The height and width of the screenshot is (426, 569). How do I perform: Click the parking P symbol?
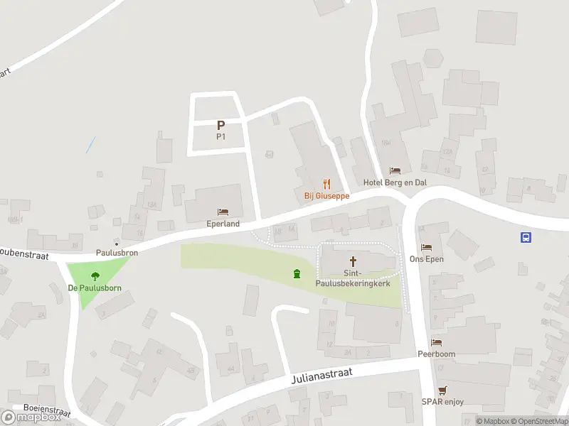click(220, 125)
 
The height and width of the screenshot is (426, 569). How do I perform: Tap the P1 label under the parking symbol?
click(220, 137)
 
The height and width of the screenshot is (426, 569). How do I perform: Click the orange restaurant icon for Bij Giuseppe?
click(326, 185)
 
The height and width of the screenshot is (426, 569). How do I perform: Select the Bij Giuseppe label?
click(322, 196)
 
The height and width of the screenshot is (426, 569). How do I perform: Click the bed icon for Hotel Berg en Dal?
click(395, 171)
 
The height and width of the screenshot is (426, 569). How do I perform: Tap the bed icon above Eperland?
click(223, 212)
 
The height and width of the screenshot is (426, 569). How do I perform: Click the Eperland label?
click(223, 224)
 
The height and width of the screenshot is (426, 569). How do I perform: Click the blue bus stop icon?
click(526, 238)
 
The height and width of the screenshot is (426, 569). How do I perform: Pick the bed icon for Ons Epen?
click(427, 248)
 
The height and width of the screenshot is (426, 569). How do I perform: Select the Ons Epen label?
click(427, 259)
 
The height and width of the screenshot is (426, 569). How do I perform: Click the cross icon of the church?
click(353, 261)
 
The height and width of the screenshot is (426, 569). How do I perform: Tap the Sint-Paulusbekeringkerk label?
click(353, 278)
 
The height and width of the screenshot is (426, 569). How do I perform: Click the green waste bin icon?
click(297, 273)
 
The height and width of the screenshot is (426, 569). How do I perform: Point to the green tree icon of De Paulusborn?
click(95, 276)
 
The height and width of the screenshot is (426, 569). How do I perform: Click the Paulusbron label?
click(117, 252)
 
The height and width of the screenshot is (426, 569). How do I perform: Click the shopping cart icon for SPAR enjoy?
click(443, 390)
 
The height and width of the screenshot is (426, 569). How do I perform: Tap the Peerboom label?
click(437, 354)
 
